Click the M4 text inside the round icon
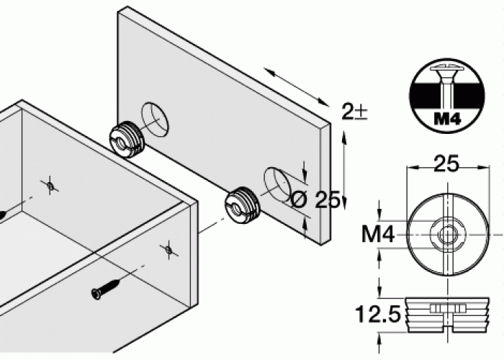pos(447,119)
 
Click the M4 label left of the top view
pos(378,234)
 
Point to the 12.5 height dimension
pos(378,314)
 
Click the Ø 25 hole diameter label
pos(315,199)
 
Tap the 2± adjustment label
pos(354,112)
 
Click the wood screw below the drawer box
pos(107,289)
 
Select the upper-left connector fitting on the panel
pos(127,139)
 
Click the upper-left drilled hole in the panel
pos(155,120)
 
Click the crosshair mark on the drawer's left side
pos(50,186)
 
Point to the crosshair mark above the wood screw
pos(168,249)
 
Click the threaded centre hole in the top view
pos(448,235)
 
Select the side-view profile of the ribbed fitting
pos(447,315)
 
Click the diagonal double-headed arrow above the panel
pos(297,87)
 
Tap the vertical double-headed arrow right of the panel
pos(344,170)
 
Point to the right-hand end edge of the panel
pos(325,184)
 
